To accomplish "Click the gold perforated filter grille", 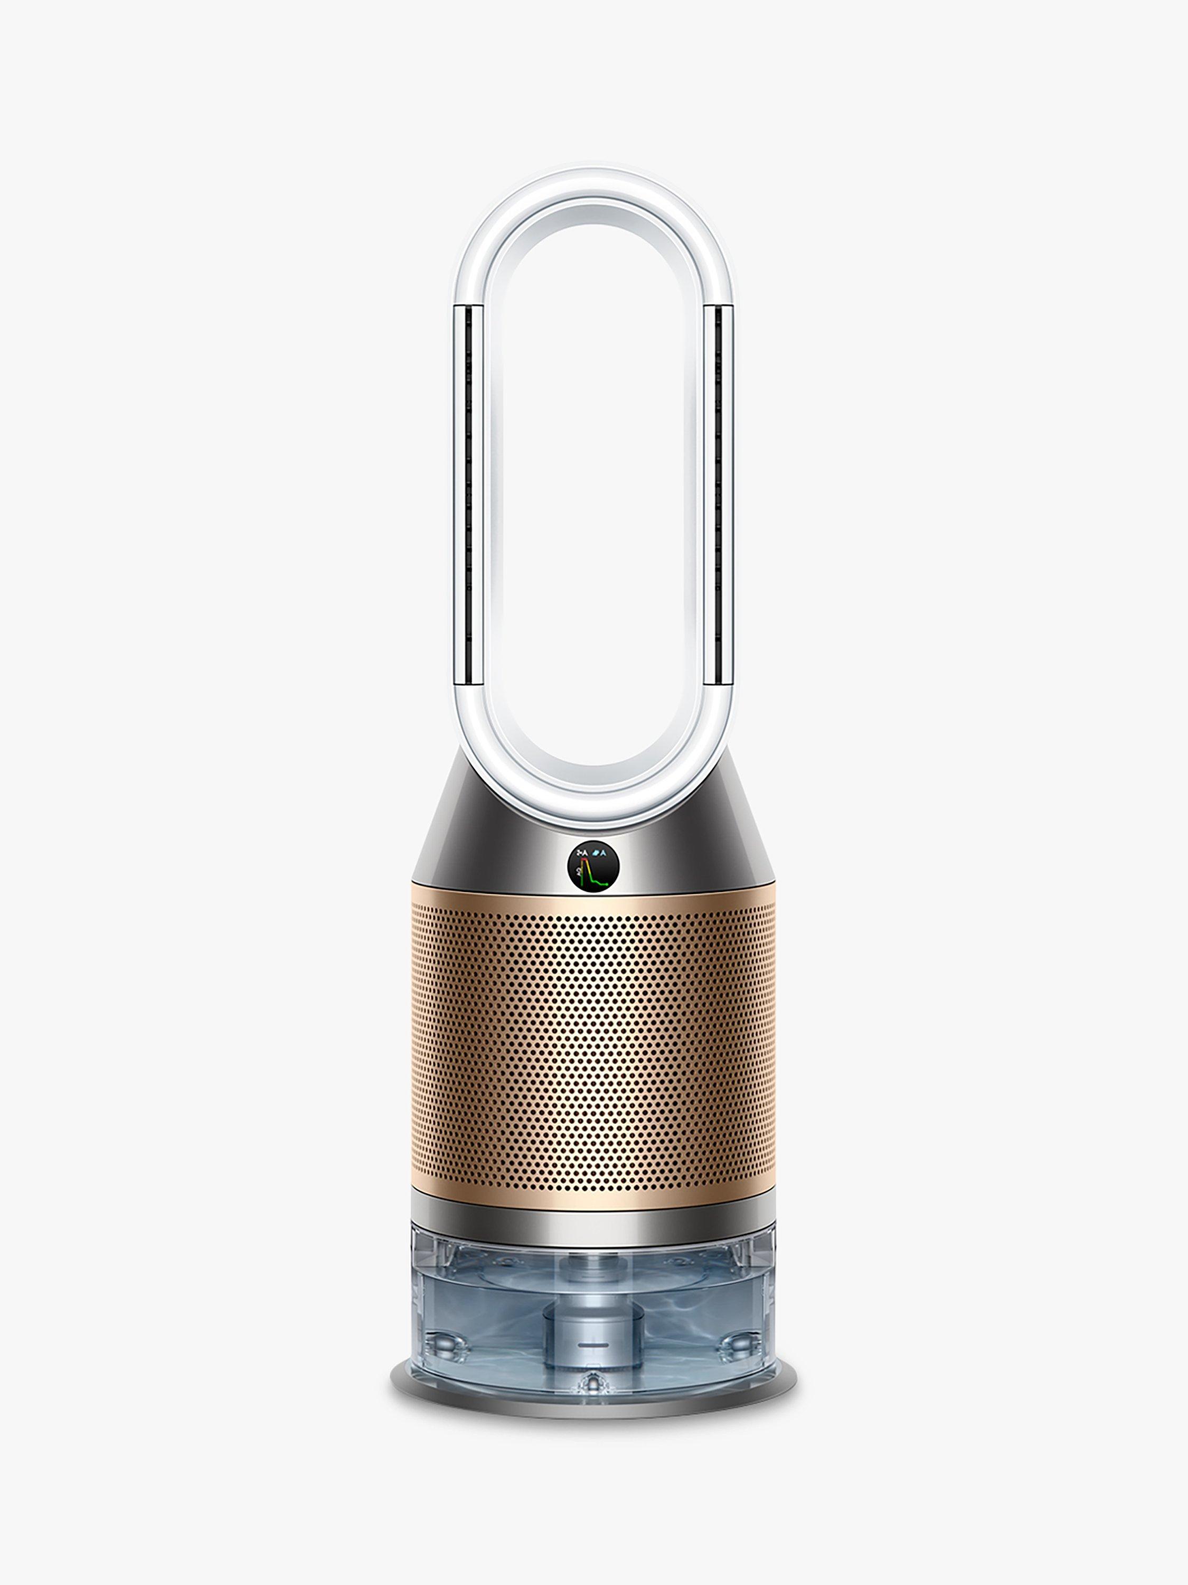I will [593, 1046].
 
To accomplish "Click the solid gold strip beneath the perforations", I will [593, 1195].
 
